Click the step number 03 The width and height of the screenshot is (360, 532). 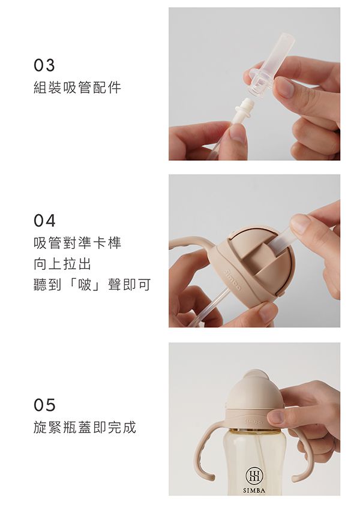(44, 65)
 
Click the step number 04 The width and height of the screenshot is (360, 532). (44, 221)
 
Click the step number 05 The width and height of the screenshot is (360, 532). (44, 405)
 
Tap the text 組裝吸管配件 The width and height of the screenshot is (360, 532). (77, 88)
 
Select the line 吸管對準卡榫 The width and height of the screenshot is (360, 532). (77, 244)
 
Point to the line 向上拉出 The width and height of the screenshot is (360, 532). (63, 264)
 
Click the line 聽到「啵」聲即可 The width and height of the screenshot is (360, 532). (92, 284)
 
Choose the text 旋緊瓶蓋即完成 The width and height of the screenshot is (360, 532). (85, 428)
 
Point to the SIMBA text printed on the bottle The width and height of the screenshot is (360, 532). (253, 490)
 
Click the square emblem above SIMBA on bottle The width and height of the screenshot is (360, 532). (253, 476)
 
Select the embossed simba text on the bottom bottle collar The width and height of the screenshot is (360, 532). (254, 422)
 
